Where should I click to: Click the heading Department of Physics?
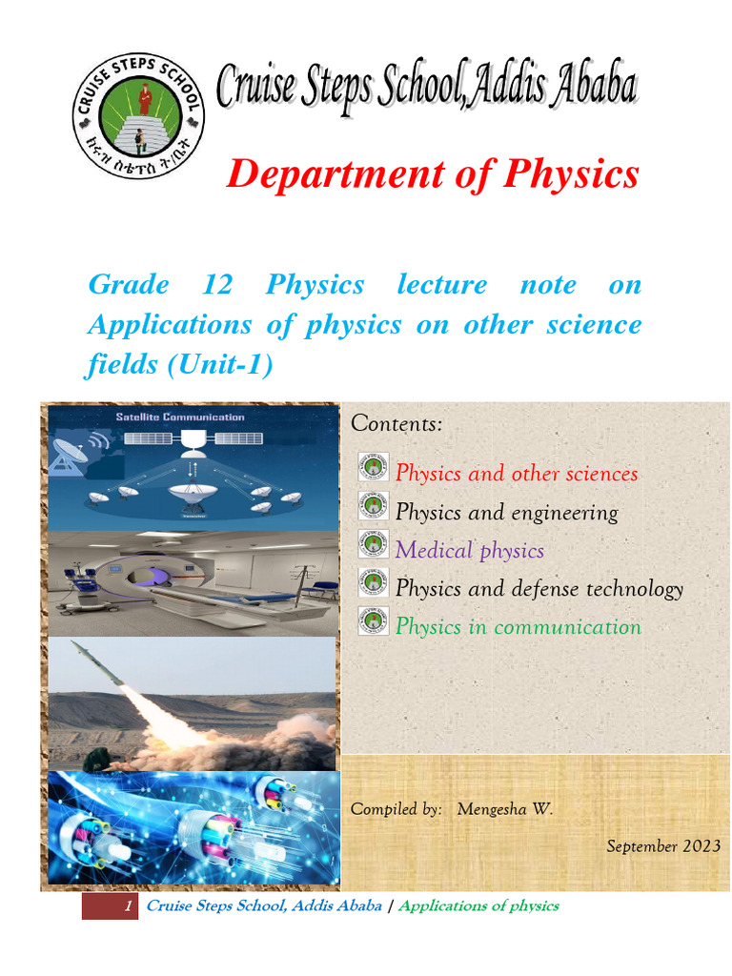click(433, 173)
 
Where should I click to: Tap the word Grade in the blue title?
click(129, 284)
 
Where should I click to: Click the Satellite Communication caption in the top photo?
click(180, 417)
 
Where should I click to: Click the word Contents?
click(396, 423)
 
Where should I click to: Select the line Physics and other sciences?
click(517, 474)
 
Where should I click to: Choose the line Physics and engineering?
click(506, 512)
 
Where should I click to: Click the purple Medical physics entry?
click(469, 550)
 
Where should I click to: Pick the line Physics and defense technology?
click(539, 588)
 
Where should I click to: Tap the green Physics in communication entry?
click(518, 626)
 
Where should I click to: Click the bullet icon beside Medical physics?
click(373, 544)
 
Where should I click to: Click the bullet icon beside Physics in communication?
click(373, 620)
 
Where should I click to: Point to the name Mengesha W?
click(504, 809)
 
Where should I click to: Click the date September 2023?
click(663, 846)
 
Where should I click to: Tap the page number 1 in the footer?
click(128, 905)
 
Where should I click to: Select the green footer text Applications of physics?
click(478, 905)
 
